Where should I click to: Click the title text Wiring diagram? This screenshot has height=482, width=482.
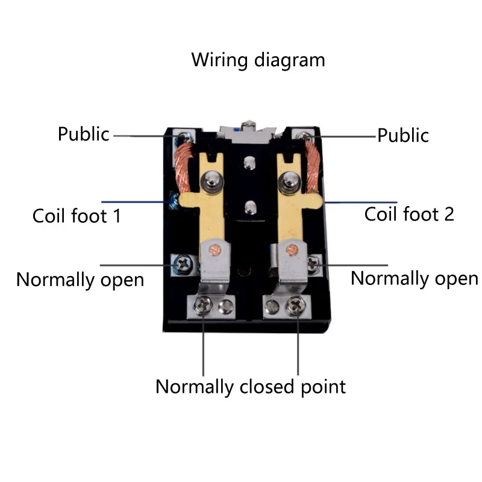258,60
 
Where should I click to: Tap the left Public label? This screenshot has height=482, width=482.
83,134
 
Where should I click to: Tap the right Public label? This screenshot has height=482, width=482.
403,135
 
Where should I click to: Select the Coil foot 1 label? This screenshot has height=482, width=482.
77,216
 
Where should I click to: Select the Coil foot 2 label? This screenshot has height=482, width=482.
409,214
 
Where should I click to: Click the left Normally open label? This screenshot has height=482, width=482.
80,280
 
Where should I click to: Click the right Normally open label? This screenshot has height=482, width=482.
414,278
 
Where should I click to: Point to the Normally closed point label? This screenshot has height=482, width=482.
251,386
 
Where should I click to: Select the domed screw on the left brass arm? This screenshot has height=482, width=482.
211,180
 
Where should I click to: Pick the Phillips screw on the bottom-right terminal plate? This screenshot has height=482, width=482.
296,305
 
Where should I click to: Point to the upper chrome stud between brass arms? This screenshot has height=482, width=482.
248,163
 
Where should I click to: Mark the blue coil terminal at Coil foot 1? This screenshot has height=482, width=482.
173,201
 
